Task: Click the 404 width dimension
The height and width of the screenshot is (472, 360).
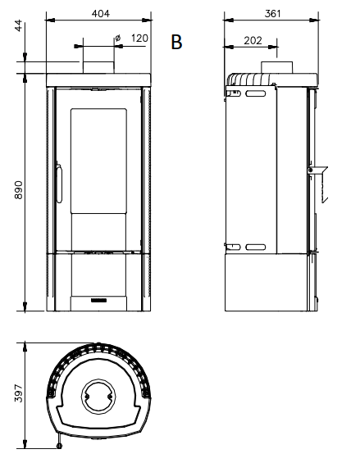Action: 99,14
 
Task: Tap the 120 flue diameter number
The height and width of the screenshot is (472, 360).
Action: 139,38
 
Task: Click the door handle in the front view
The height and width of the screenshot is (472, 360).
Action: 58,182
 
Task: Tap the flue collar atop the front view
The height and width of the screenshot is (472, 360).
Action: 98,66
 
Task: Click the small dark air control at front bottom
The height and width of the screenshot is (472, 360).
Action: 98,301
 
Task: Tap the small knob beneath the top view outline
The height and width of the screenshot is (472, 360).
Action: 60,447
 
